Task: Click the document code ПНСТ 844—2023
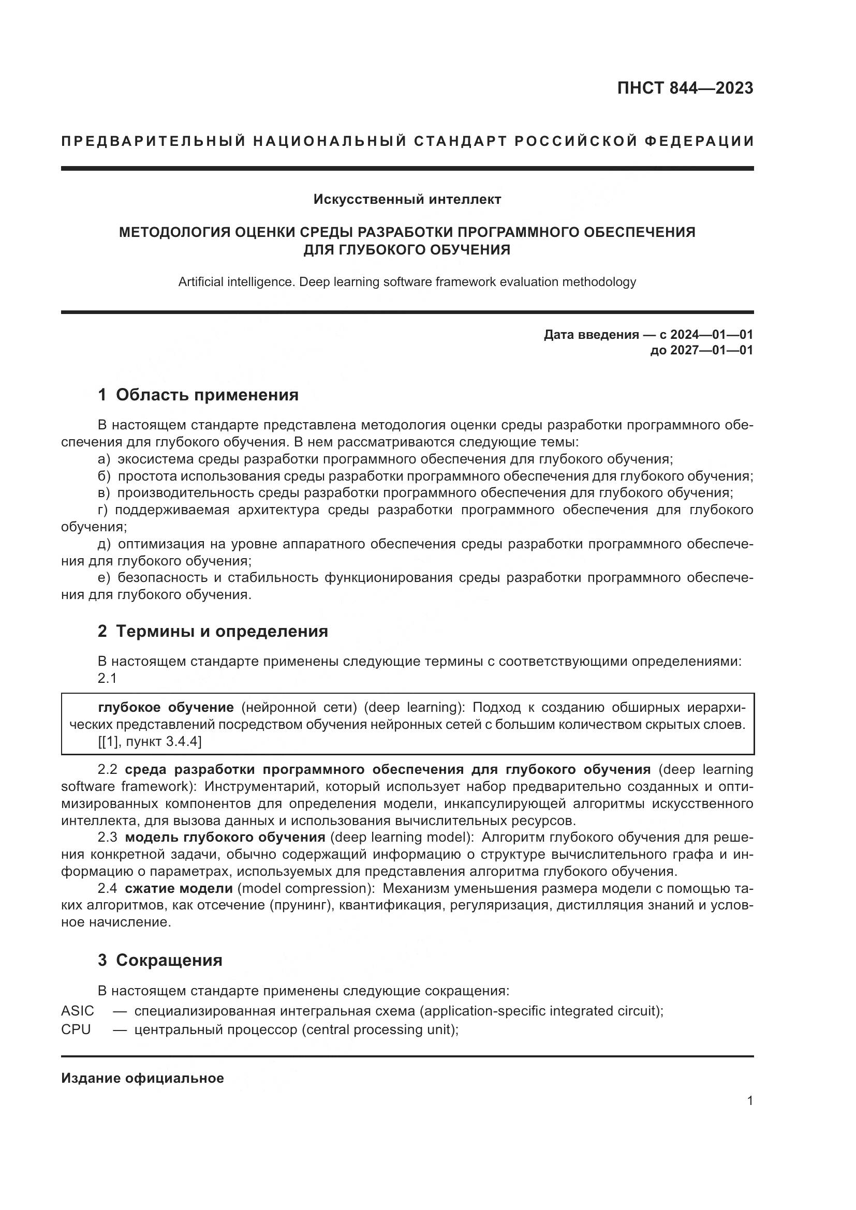(685, 88)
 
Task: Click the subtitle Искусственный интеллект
(407, 199)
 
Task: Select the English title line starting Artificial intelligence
(407, 282)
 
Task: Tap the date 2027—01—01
(712, 350)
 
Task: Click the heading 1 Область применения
(198, 395)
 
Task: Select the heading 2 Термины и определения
(212, 631)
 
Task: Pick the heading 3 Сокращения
(160, 960)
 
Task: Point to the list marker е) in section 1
(104, 578)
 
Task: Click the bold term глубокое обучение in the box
(166, 707)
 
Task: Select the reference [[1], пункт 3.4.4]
(150, 741)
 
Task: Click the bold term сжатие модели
(179, 888)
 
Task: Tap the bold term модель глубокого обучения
(225, 838)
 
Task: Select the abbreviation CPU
(76, 1029)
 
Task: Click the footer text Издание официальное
(142, 1078)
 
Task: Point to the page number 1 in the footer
(749, 1101)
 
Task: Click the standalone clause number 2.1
(107, 678)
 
